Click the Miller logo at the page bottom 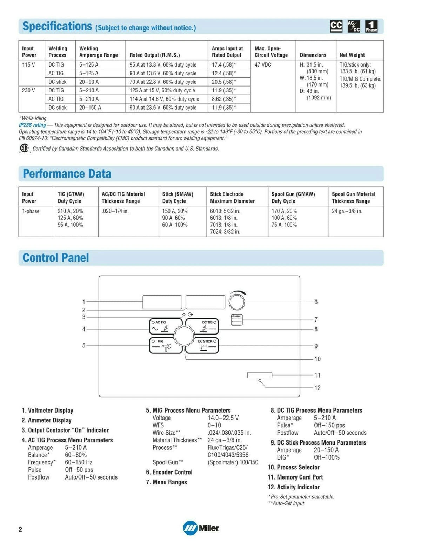point(201,528)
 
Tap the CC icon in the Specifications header point(336,26)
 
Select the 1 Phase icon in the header point(371,26)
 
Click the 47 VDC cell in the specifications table point(263,65)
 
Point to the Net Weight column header point(352,55)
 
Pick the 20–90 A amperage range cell point(89,82)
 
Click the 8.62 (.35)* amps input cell point(224,99)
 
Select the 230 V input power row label point(28,90)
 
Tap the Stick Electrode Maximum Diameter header point(232,198)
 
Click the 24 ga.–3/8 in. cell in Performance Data point(347,211)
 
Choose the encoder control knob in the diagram point(236,302)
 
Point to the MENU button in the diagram point(237,320)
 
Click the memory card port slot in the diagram point(260,375)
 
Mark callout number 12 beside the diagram point(318,388)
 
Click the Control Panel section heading point(56,258)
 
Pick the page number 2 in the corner point(20,529)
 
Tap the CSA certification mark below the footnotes point(24,148)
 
